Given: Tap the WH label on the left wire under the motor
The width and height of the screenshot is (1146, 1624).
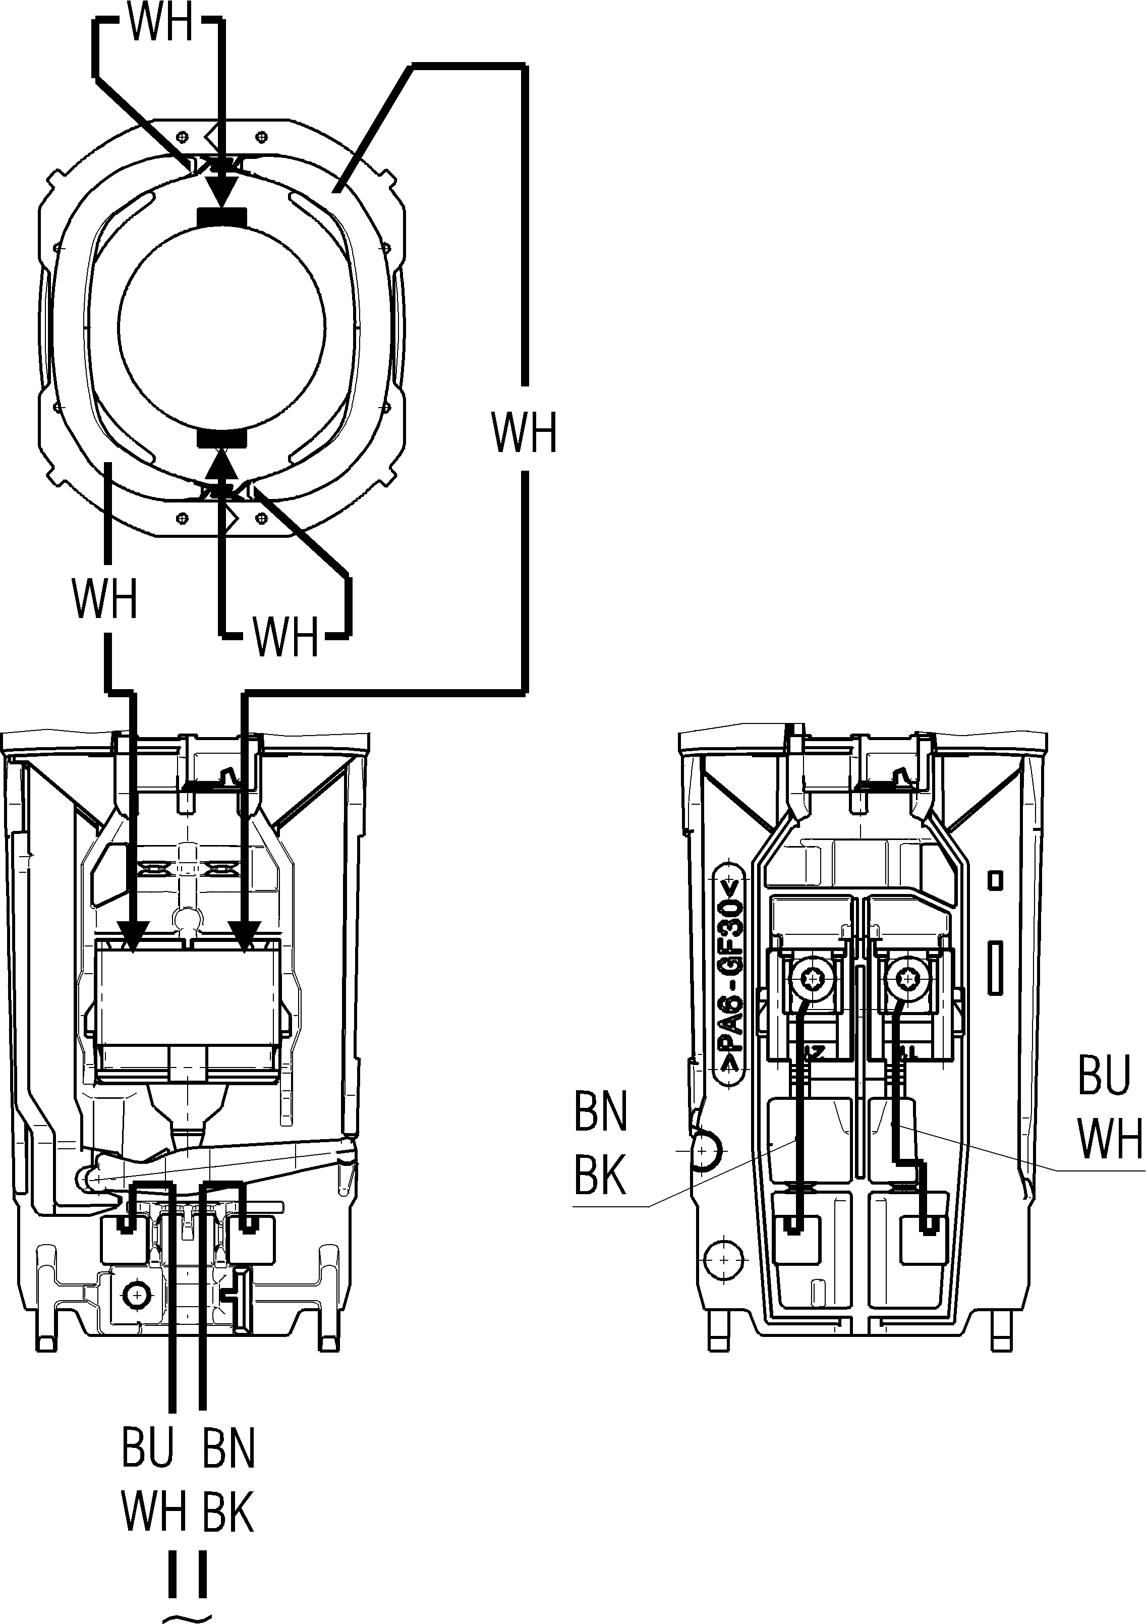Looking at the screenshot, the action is coord(104,598).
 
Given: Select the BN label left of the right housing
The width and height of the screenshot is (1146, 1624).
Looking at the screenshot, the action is coord(600,1112).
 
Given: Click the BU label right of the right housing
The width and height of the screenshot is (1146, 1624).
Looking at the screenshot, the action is coord(1104,1076).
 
